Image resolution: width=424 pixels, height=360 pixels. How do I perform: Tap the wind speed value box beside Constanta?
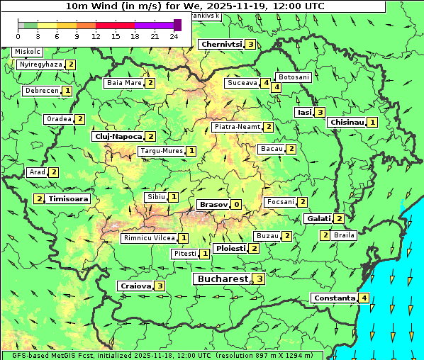click(x=364, y=298)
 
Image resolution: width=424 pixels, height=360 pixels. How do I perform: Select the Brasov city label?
click(x=213, y=204)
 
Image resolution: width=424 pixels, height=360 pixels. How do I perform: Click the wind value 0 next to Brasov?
click(x=236, y=204)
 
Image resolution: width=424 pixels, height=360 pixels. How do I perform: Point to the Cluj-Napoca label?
click(x=118, y=136)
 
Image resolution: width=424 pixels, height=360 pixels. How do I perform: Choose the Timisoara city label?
click(x=69, y=199)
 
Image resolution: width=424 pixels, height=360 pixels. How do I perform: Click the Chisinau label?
click(x=347, y=122)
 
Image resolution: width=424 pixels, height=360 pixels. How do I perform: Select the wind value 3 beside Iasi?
click(x=320, y=112)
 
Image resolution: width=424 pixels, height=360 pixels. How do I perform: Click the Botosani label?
click(x=294, y=77)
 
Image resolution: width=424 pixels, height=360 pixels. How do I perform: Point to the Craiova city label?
click(x=135, y=286)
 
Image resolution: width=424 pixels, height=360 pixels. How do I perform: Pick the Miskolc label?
click(x=28, y=52)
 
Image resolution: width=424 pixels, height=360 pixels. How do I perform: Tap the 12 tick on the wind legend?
click(x=96, y=36)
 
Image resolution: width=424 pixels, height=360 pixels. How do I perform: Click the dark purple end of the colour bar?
click(x=177, y=25)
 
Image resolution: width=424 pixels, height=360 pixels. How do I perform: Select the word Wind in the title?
click(x=103, y=6)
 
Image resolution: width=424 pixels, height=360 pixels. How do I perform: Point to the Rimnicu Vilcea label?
click(x=148, y=238)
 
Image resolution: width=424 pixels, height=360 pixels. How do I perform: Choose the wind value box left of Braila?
click(x=325, y=235)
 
